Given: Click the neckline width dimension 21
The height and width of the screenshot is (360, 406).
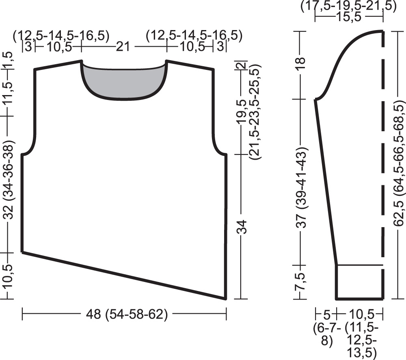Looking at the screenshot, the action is click(x=123, y=47).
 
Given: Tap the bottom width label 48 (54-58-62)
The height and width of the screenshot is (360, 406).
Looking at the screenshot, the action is click(x=127, y=314).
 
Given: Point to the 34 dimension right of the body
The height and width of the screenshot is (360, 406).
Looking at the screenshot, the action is click(x=242, y=227).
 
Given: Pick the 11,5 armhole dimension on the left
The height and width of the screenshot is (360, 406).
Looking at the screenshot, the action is click(x=8, y=93).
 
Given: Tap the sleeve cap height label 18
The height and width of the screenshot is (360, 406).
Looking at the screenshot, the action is click(x=300, y=63).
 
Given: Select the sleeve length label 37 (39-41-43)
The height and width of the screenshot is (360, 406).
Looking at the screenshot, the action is click(x=301, y=187).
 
